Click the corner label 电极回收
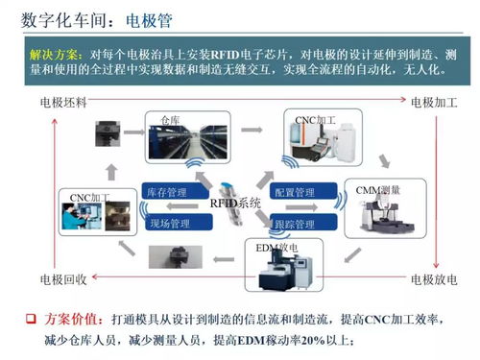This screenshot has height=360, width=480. tap(63, 279)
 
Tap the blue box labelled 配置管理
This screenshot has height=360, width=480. tap(294, 193)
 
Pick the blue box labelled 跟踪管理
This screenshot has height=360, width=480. tap(294, 224)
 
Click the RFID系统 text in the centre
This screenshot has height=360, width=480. tap(234, 204)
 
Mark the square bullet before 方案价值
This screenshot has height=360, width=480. tap(30, 318)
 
